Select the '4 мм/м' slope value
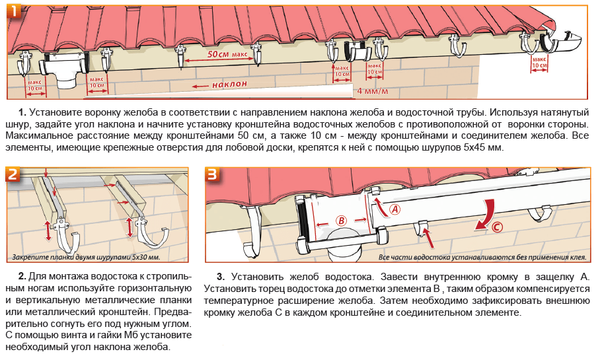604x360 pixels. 373,90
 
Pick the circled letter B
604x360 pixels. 342,220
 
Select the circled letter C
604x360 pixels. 496,229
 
